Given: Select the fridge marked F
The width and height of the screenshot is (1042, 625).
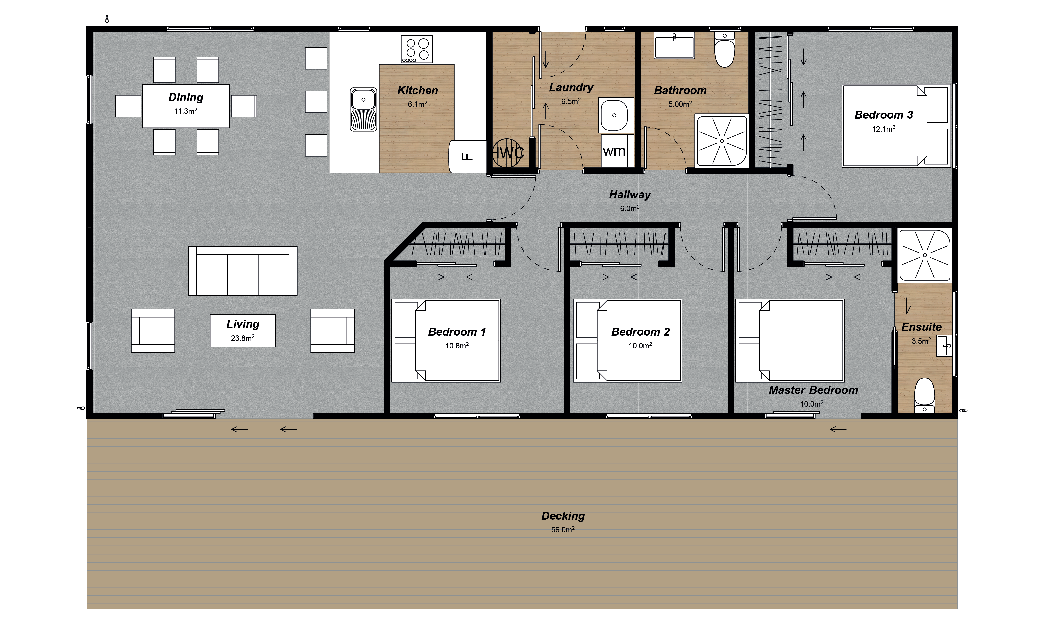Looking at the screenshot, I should [468, 157].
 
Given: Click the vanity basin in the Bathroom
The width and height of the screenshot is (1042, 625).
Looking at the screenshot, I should [674, 45].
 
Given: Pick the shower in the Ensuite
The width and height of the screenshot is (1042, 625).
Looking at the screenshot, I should [925, 255].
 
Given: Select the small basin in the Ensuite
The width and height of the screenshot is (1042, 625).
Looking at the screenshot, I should [944, 346].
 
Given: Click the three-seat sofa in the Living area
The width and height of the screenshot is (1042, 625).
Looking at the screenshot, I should [243, 271].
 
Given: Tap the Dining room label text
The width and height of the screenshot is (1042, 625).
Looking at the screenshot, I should [186, 98].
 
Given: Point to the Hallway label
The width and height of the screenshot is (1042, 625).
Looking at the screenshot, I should [630, 195].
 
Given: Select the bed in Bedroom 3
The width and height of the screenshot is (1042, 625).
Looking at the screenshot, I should [896, 126].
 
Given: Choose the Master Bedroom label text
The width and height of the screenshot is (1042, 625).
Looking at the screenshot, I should [813, 390].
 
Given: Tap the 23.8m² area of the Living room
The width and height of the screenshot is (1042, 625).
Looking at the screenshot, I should [243, 338].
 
